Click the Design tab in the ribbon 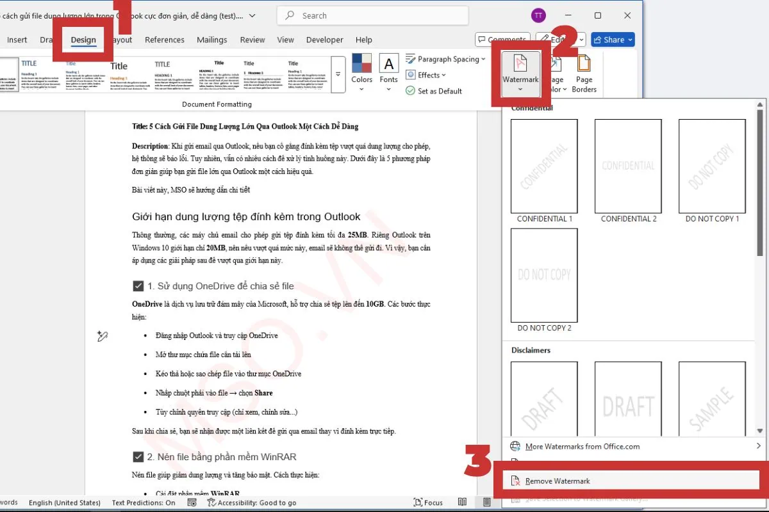point(83,40)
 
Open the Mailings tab point(211,40)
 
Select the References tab point(164,40)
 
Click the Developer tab point(324,40)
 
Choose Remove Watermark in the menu point(558,481)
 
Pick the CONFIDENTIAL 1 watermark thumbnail point(544,166)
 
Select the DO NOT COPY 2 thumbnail point(544,275)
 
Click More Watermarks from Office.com point(582,446)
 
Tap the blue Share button point(613,40)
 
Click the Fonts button point(388,70)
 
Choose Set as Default point(439,91)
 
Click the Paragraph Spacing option point(448,59)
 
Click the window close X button point(627,15)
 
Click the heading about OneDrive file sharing point(220,286)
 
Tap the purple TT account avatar point(538,15)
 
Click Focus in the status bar point(429,502)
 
